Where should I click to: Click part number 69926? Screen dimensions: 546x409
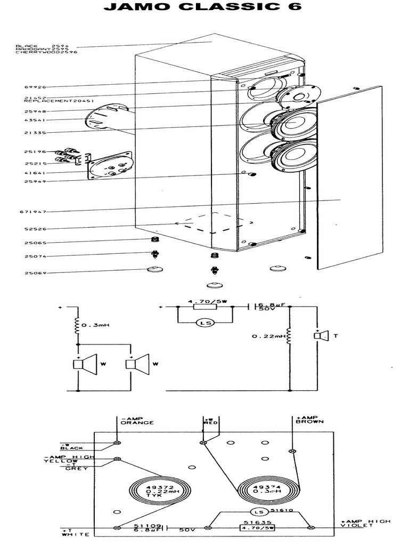tap(35, 87)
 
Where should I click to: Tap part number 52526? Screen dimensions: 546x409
tap(35, 229)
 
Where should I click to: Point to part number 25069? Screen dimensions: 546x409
tap(35, 273)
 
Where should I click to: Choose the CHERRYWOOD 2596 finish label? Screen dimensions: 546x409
tap(46, 53)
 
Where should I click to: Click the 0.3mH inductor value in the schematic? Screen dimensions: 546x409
tap(96, 325)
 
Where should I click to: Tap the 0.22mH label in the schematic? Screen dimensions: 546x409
tap(267, 336)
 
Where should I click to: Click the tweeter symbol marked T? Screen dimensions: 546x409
tap(319, 335)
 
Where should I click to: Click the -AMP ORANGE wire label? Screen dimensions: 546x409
tap(137, 420)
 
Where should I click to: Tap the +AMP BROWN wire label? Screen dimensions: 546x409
tap(309, 420)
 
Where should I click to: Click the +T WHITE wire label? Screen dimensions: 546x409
tap(68, 532)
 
